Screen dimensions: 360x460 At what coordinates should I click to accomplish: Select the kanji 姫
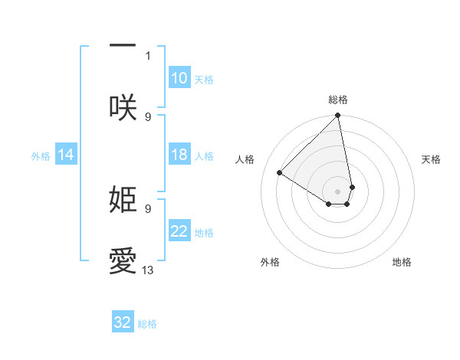point(123,200)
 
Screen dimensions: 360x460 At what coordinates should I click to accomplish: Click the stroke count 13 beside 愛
point(148,270)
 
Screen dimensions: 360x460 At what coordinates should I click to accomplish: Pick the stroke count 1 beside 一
point(148,55)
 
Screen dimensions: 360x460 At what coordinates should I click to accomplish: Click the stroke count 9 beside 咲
point(148,116)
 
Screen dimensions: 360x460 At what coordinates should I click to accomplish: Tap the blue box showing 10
point(179,78)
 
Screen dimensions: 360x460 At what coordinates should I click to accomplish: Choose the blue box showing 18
point(179,155)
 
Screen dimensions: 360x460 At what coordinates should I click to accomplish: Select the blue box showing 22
point(179,231)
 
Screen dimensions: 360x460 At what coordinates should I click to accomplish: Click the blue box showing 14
point(66,155)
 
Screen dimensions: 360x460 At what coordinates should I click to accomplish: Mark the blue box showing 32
point(123,322)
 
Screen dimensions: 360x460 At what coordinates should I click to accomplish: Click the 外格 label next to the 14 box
point(41,156)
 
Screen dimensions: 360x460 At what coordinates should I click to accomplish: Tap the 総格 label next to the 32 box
point(147,324)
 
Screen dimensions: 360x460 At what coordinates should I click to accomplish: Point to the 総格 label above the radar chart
point(338,100)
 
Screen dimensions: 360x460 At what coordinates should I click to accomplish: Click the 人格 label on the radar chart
point(245,159)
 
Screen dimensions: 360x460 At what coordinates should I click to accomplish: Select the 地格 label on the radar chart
point(402,262)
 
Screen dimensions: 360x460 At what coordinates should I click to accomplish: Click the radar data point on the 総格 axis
point(338,116)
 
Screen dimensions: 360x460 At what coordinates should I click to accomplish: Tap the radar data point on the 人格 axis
point(280,172)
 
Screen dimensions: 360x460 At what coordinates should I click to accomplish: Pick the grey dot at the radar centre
point(338,191)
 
